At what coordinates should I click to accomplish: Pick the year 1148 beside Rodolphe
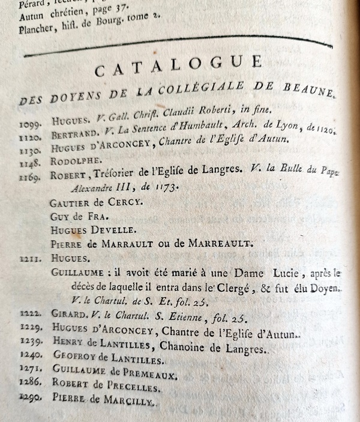point(29,161)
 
